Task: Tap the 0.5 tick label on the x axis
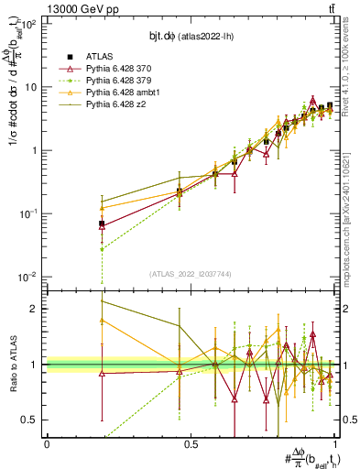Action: (191, 442)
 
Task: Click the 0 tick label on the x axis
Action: (47, 442)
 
